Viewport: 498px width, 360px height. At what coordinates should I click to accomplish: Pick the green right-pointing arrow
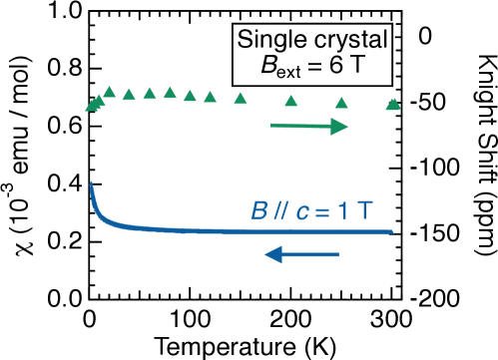click(x=308, y=127)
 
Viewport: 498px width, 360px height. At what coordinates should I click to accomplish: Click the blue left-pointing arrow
click(x=302, y=255)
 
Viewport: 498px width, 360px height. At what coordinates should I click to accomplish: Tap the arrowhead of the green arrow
click(x=340, y=127)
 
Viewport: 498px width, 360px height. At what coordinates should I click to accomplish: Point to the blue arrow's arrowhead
click(x=272, y=255)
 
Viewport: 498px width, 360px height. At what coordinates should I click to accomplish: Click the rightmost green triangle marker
click(x=393, y=103)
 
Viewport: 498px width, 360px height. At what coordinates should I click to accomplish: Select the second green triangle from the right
click(x=341, y=102)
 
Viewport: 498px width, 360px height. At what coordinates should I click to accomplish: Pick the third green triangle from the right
click(x=291, y=101)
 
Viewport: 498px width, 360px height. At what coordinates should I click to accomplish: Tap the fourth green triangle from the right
click(x=241, y=98)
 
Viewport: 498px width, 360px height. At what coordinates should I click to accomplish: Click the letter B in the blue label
click(x=258, y=211)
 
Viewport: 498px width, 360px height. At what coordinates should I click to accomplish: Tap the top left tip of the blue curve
click(x=92, y=182)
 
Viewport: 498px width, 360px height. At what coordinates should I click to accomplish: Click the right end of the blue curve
click(x=392, y=231)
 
